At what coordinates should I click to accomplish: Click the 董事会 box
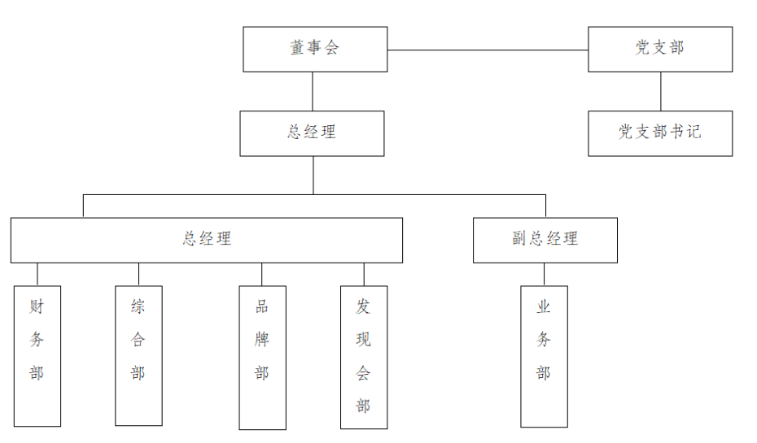click(315, 49)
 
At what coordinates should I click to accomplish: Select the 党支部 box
click(660, 49)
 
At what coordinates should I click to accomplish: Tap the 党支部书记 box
click(660, 132)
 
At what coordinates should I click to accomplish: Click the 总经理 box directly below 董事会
click(312, 132)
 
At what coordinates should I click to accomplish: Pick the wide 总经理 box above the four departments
click(207, 240)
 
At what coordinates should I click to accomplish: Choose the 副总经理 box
click(545, 240)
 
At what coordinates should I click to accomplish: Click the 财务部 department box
click(37, 355)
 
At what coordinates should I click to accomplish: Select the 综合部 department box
click(138, 355)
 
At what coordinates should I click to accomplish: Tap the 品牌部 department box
click(262, 357)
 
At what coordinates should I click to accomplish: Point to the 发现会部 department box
click(364, 357)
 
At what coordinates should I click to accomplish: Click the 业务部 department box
click(544, 356)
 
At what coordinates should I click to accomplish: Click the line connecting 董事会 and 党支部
click(488, 50)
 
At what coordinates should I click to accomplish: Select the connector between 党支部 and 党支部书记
click(660, 91)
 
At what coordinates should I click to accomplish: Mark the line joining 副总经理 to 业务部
click(544, 274)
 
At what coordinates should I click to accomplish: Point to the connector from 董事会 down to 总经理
click(313, 91)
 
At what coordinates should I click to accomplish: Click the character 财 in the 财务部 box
click(37, 306)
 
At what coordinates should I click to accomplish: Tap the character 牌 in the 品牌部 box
click(262, 340)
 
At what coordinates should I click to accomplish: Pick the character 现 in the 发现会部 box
click(364, 340)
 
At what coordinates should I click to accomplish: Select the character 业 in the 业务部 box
click(544, 307)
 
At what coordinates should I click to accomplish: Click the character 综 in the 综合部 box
click(138, 306)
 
